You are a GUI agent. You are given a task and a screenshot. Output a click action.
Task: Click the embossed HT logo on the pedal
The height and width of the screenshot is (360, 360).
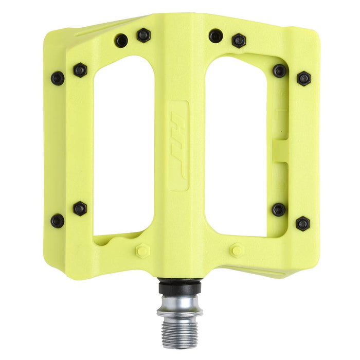[178, 146]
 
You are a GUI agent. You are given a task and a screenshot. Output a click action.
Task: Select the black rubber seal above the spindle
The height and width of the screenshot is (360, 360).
[179, 283]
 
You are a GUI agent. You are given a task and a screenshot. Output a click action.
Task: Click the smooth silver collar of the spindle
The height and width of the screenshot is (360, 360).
[179, 303]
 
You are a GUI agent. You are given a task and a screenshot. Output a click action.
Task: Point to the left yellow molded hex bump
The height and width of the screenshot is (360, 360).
[142, 251]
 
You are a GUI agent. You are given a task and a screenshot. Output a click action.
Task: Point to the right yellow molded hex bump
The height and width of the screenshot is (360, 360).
[237, 250]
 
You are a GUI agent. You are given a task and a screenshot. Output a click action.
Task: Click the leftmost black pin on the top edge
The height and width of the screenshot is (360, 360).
[121, 40]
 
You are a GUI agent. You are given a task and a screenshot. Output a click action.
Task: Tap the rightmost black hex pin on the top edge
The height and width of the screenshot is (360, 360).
[239, 41]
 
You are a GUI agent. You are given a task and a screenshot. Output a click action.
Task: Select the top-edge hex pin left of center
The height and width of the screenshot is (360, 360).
[143, 35]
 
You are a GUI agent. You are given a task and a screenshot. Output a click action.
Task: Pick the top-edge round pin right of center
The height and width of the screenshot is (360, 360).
[216, 36]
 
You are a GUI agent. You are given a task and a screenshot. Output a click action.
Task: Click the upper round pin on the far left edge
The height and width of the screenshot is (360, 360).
[58, 78]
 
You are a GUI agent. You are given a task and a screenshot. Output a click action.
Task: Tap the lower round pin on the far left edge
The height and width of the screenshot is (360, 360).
[58, 221]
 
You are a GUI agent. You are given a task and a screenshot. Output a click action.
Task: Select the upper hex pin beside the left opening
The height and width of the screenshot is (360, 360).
[80, 69]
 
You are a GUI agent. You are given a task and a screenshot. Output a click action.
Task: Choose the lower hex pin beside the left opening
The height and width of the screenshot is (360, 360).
[80, 208]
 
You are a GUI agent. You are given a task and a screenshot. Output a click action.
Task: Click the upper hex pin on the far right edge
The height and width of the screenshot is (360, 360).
[303, 78]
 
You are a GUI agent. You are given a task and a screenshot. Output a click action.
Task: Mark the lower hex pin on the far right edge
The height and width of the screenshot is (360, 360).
[303, 223]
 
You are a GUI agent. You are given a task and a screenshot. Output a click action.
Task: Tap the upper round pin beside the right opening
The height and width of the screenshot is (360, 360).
[279, 70]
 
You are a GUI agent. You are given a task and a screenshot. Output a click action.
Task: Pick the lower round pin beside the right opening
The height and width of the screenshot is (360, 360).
[279, 209]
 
